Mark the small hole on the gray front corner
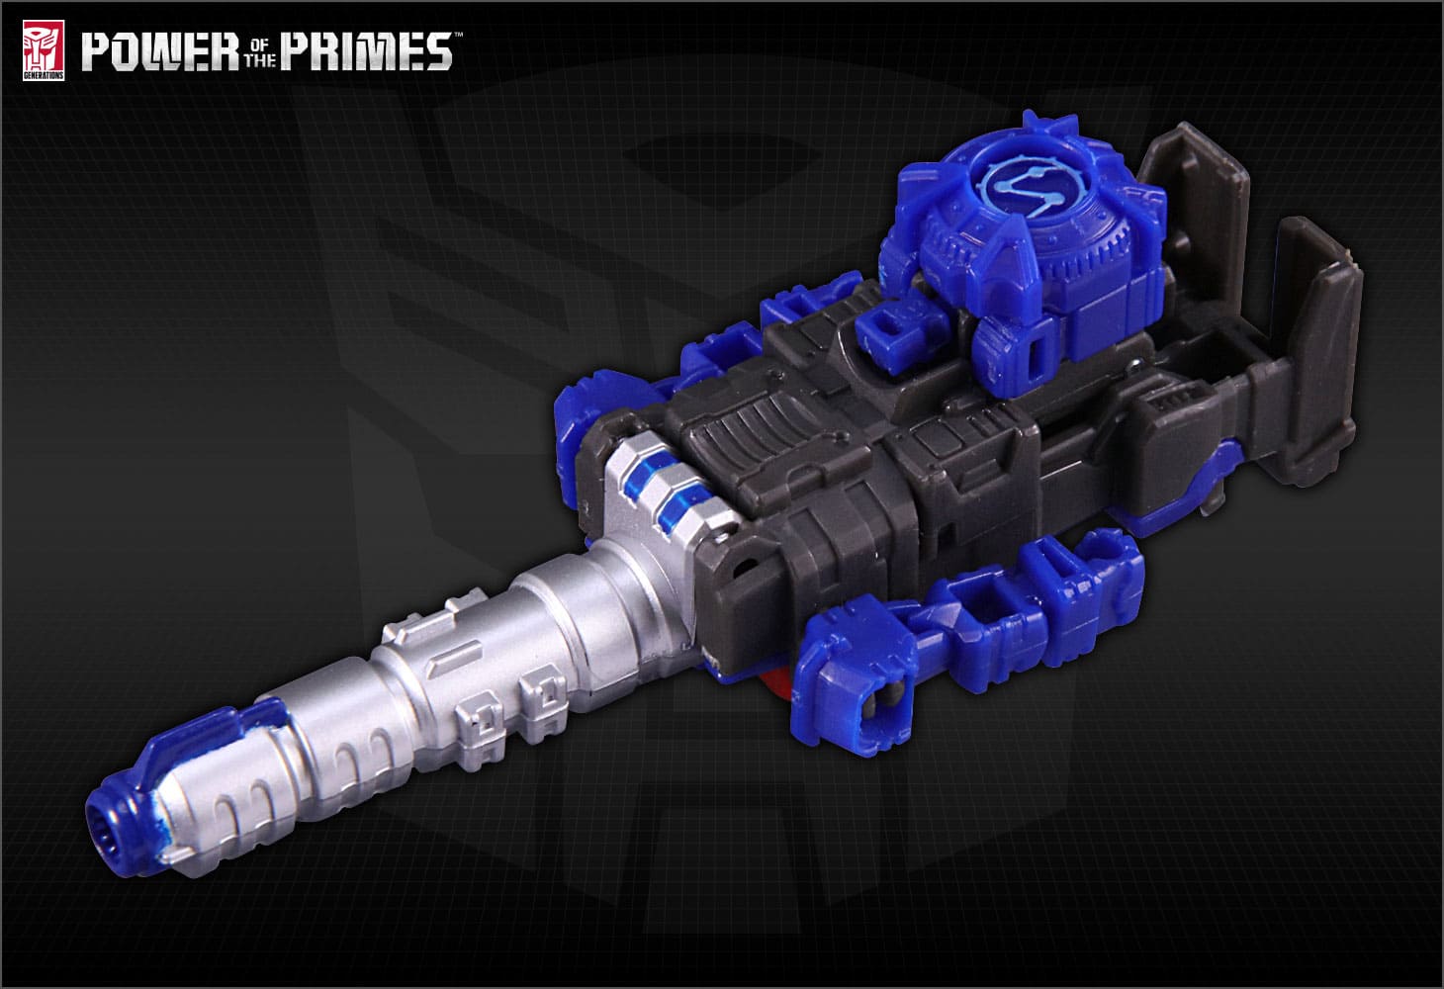[736, 570]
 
